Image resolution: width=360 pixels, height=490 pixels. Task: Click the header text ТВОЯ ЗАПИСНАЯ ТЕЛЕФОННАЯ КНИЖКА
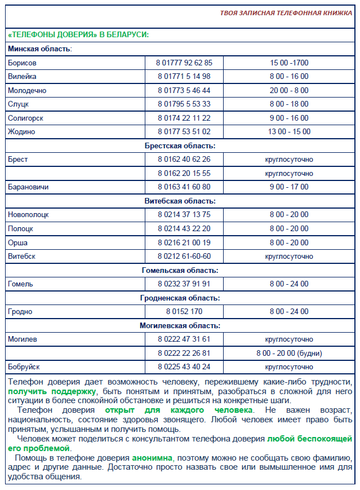tap(287, 12)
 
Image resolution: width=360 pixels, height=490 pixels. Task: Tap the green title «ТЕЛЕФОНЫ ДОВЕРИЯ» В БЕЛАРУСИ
tap(78, 35)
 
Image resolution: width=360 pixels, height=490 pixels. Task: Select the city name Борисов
tap(22, 63)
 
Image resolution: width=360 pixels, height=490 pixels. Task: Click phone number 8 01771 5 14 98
tap(184, 76)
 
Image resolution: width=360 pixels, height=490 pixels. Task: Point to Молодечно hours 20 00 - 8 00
tap(288, 90)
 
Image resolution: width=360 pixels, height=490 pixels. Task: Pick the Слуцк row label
tap(18, 104)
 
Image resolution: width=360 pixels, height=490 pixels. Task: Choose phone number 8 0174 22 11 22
tap(184, 118)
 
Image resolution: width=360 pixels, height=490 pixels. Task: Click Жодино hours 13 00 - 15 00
tap(288, 132)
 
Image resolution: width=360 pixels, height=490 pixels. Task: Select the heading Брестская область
tap(180, 145)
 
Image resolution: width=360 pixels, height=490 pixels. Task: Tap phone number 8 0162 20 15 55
tap(184, 173)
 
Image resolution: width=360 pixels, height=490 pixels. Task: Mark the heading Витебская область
tap(180, 201)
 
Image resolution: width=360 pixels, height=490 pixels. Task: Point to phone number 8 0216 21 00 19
tap(184, 242)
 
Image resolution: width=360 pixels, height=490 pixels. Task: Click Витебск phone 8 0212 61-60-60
tap(184, 257)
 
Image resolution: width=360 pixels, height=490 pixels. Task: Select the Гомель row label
tap(20, 284)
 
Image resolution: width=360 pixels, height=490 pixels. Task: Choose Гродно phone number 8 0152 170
tap(184, 311)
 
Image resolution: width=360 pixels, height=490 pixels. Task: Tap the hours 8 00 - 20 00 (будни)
tap(288, 353)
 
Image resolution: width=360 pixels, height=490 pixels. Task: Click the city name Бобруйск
tap(24, 367)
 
